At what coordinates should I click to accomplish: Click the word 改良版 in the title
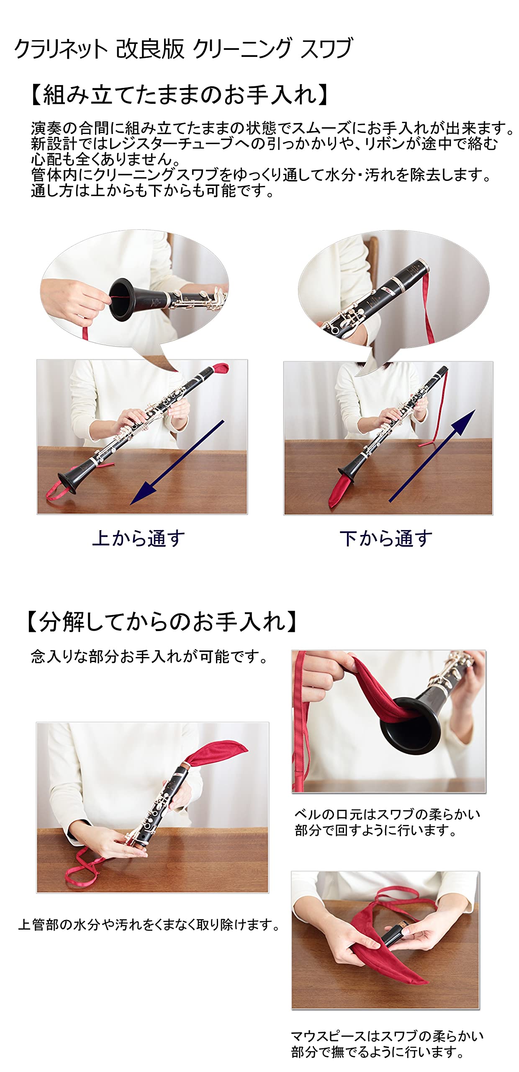150,49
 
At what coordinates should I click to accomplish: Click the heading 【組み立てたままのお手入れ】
179,94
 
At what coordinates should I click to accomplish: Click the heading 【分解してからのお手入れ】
162,621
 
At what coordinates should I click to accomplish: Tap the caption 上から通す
138,539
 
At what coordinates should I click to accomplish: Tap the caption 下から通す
386,539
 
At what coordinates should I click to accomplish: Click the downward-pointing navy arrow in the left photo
178,462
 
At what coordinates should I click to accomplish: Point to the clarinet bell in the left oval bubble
123,299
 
